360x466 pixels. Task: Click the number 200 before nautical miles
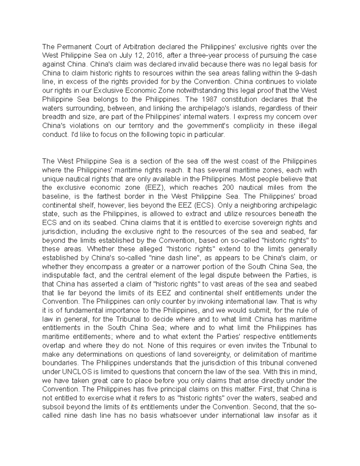click(229, 188)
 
